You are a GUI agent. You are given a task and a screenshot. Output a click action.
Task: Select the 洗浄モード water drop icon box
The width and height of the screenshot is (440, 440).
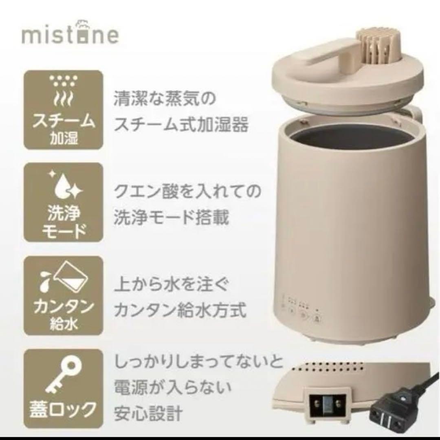pos(63,204)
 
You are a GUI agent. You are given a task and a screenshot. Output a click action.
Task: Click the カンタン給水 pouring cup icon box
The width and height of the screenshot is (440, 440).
pos(63,296)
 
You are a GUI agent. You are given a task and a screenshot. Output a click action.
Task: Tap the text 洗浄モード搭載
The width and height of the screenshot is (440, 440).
pos(172,218)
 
